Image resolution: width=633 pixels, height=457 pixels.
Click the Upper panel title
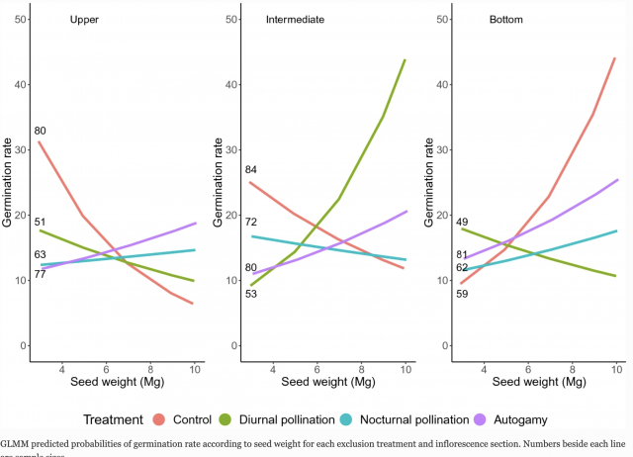pos(84,20)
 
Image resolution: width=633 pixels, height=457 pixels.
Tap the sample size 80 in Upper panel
pos(41,131)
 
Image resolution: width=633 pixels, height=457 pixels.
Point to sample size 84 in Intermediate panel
pos(251,170)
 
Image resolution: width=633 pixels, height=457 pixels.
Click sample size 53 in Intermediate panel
pos(251,294)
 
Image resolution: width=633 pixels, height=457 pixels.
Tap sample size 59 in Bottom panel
pos(462,293)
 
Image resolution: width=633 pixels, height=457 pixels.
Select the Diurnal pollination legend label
pos(292,419)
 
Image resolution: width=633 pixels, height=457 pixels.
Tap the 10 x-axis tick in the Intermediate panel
pos(405,367)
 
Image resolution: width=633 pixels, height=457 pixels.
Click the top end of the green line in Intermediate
pos(406,59)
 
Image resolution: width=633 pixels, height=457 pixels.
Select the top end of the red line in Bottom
pos(615,58)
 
